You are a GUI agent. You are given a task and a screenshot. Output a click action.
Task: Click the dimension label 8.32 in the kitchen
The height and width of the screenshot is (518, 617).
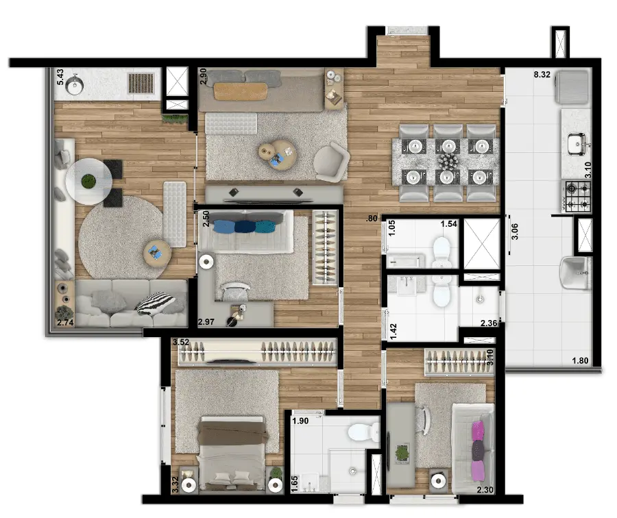(x=542, y=74)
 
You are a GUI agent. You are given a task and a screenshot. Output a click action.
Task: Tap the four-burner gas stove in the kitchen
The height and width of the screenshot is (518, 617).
(x=578, y=196)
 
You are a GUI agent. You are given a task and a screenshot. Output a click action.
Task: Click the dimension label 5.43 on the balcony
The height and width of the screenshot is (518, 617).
(x=60, y=77)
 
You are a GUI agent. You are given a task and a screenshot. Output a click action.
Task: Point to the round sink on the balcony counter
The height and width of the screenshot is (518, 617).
(x=74, y=86)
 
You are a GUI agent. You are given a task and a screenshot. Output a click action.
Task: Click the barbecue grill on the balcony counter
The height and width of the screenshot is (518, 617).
(x=141, y=84)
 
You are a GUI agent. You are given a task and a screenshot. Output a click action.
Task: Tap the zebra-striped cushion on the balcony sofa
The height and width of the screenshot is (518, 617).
(x=155, y=304)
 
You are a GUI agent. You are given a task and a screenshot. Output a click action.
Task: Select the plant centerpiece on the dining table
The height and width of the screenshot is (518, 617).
(x=448, y=161)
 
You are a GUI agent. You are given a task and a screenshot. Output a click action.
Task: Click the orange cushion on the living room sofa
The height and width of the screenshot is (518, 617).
(x=241, y=91)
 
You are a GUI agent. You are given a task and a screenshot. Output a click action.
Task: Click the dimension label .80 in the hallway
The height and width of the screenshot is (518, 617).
(x=372, y=219)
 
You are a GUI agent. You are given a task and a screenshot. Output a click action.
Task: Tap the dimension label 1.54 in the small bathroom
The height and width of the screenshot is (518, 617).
(x=448, y=224)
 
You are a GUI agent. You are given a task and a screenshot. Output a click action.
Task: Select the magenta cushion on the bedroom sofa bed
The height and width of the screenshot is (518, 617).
(x=477, y=430)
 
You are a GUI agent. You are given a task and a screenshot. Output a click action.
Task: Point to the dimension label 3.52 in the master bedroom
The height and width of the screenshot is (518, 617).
(x=181, y=342)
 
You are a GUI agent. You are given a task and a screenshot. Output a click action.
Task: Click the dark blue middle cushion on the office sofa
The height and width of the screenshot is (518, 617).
(x=244, y=227)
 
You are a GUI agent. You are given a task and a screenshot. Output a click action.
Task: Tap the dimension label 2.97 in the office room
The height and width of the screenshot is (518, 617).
(x=206, y=322)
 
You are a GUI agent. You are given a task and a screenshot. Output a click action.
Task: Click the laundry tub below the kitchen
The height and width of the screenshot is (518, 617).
(x=575, y=273)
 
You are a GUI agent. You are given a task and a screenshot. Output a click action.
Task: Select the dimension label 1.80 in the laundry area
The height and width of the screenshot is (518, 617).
(x=580, y=360)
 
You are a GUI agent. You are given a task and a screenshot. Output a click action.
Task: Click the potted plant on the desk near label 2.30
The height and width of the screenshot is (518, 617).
(x=402, y=454)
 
